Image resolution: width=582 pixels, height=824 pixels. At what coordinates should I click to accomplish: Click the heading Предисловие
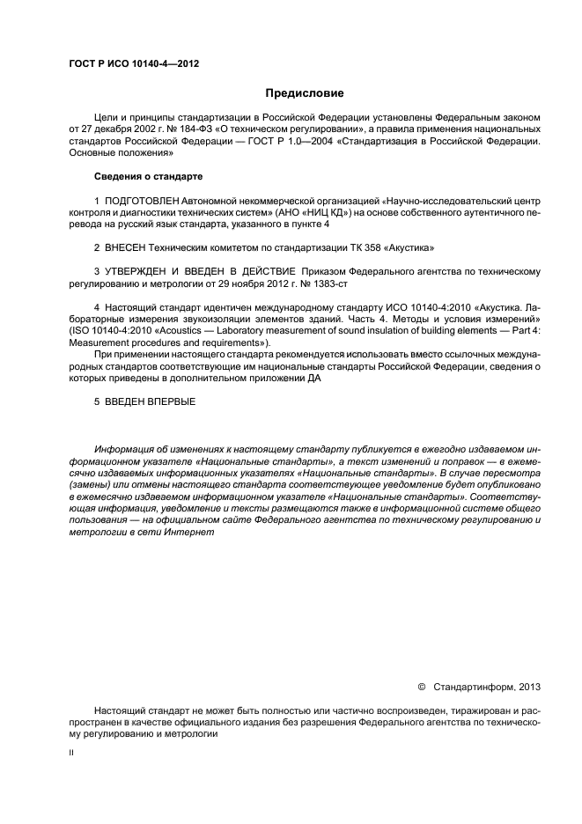(x=305, y=92)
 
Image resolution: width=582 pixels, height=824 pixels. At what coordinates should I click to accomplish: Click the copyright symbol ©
(x=421, y=685)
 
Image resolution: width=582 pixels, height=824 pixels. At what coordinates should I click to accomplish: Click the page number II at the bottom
(x=72, y=754)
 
